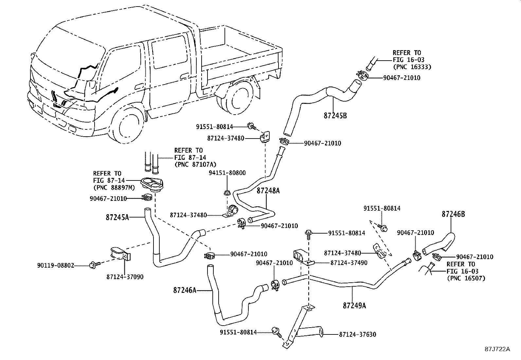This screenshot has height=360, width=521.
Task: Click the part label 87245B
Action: pyautogui.click(x=335, y=116)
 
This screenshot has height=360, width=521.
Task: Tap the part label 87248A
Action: pyautogui.click(x=268, y=190)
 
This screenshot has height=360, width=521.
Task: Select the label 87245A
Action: pyautogui.click(x=117, y=217)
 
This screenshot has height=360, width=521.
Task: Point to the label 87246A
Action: pyautogui.click(x=185, y=290)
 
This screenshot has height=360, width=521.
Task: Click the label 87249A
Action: pyautogui.click(x=354, y=306)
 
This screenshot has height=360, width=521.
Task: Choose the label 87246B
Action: pyautogui.click(x=453, y=214)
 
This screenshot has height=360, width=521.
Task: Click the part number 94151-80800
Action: pyautogui.click(x=227, y=173)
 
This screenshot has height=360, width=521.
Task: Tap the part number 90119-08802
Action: pyautogui.click(x=55, y=265)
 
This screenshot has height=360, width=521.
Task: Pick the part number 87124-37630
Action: pyautogui.click(x=358, y=334)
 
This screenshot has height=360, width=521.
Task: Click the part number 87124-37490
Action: pyautogui.click(x=349, y=263)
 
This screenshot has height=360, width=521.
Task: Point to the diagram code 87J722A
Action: pyautogui.click(x=497, y=349)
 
